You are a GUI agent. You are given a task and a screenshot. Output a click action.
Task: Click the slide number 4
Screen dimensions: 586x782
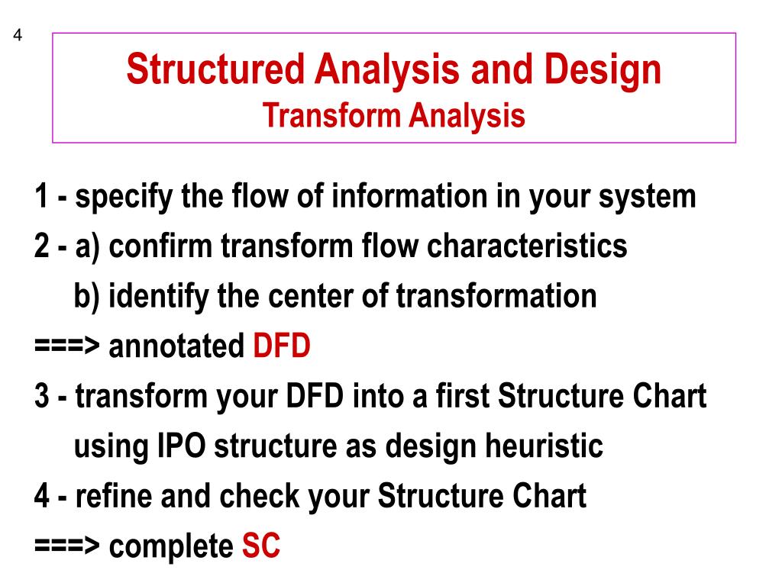point(18,36)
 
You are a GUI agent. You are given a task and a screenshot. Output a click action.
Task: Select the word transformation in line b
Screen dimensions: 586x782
point(496,296)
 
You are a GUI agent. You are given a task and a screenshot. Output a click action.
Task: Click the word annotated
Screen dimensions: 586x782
point(176,347)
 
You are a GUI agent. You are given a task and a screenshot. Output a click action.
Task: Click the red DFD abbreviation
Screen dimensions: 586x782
point(282,347)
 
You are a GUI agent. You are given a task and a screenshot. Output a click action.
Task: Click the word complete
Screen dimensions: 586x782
point(171,546)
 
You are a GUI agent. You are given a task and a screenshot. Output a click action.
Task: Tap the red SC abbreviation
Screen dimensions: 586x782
point(261,546)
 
